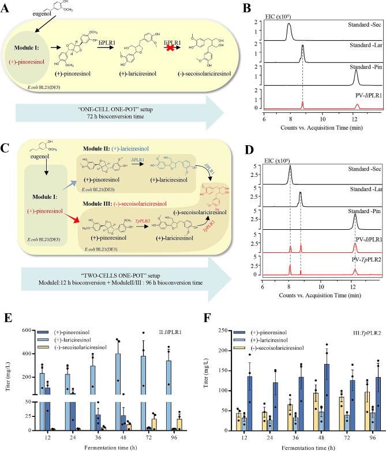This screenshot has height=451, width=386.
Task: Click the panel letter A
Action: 8,7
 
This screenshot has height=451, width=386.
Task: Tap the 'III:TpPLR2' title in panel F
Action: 360,332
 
